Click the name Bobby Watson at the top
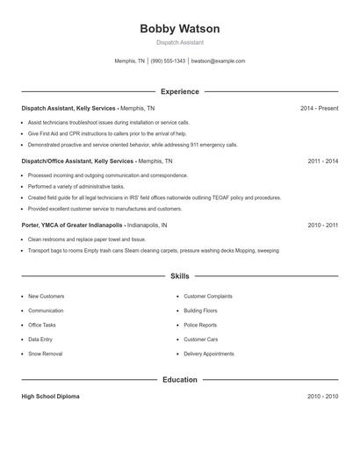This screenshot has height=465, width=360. click(180, 29)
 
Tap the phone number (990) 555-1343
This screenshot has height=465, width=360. click(168, 61)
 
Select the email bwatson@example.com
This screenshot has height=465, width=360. click(218, 61)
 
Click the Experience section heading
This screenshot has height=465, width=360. click(180, 91)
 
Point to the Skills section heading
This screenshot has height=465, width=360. click(180, 276)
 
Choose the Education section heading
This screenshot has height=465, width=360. click(180, 380)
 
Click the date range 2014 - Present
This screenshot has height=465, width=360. click(319, 108)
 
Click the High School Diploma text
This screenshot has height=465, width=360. click(50, 397)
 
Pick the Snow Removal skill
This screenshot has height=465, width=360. click(46, 354)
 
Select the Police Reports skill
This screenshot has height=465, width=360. click(200, 325)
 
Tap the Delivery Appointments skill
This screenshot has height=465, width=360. click(209, 354)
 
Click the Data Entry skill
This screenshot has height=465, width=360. click(40, 339)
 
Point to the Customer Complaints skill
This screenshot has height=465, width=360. click(208, 297)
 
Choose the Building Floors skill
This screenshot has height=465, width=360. click(201, 311)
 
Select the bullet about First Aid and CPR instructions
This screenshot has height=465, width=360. click(107, 133)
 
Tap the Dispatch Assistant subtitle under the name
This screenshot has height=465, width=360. click(180, 42)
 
